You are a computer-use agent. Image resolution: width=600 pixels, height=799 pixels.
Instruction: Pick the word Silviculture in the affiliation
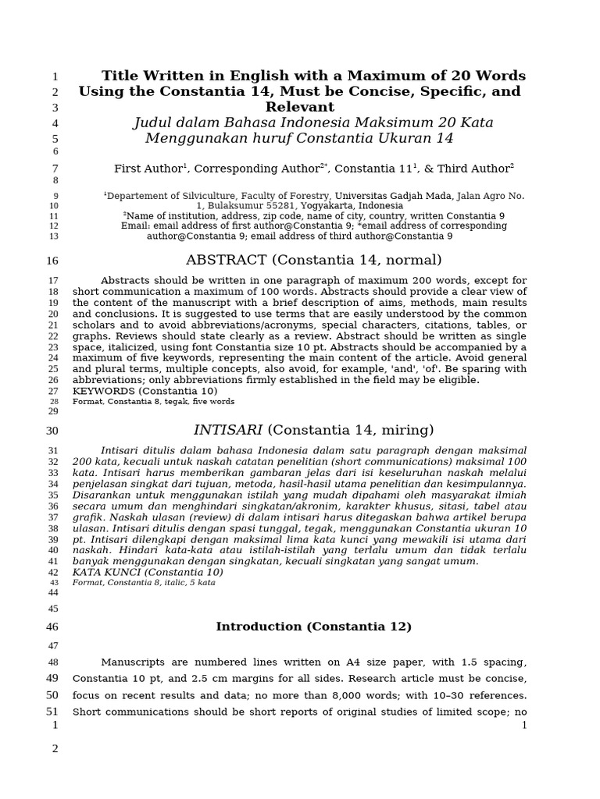coord(200,196)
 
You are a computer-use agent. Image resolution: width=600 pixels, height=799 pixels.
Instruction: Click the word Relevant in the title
coord(300,107)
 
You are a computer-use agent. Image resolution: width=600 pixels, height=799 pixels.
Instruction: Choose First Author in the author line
coord(148,169)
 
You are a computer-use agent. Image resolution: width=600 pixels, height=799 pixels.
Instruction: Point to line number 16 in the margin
coord(52,261)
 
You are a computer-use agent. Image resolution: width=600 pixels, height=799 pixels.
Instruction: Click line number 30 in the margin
coord(52,431)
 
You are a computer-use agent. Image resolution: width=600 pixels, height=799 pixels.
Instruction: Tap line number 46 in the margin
coord(52,627)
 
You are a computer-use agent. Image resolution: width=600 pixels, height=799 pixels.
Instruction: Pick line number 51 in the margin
coord(52,711)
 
